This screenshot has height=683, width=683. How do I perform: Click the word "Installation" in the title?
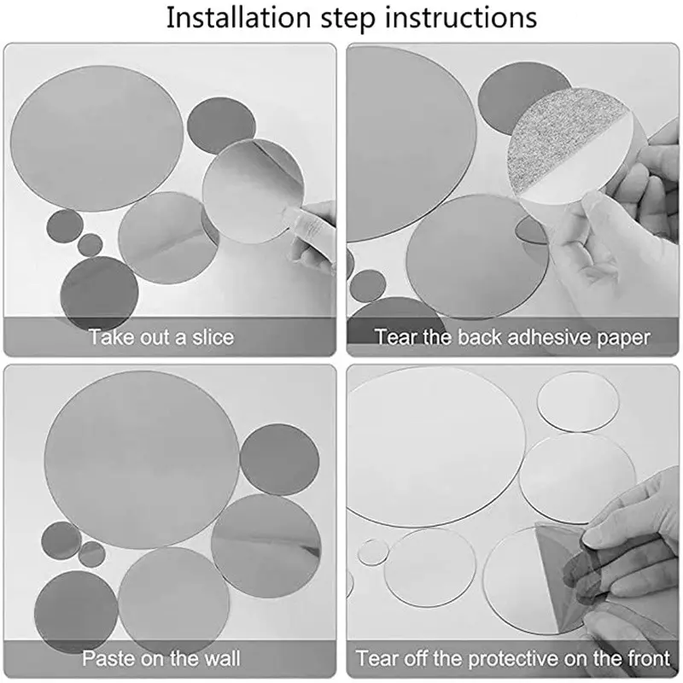tap(239, 18)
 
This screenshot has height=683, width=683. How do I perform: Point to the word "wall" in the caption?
tap(223, 657)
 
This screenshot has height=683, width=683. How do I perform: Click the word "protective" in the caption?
tap(513, 658)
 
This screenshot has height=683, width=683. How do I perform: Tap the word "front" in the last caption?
tap(645, 657)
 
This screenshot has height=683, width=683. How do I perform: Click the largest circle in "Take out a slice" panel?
tap(96, 138)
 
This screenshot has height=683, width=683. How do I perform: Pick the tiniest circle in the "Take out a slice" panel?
tap(90, 245)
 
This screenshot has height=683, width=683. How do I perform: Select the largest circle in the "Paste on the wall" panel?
tap(142, 459)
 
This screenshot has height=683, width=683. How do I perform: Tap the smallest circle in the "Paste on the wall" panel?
tap(91, 554)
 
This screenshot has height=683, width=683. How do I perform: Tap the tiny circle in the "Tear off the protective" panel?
tap(373, 553)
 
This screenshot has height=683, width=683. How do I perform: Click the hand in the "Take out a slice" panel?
tap(310, 237)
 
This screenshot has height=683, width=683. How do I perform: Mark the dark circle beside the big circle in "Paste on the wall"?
tap(279, 460)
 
